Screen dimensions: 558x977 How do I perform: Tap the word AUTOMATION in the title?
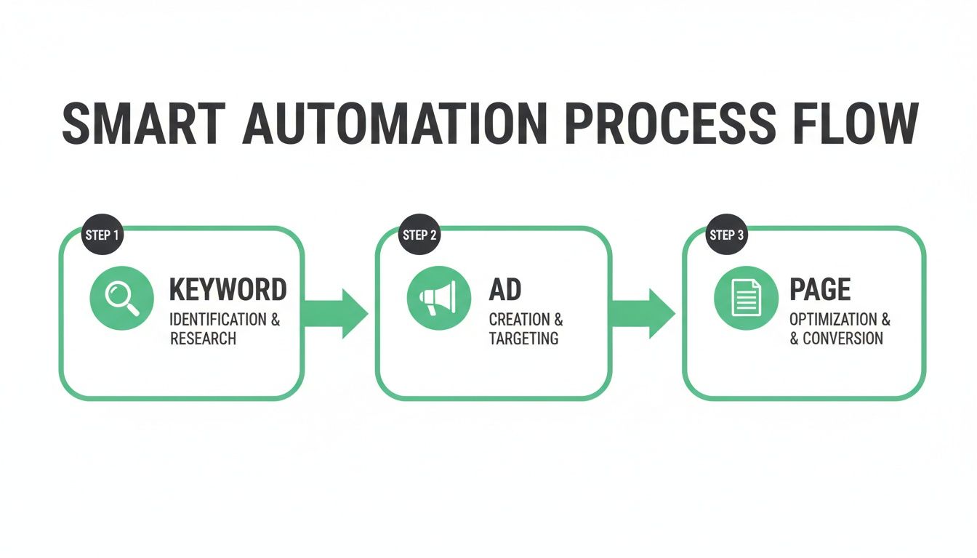[x=395, y=124]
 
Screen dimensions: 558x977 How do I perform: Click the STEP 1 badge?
[x=103, y=235]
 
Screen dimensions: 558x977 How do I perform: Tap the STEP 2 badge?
[x=420, y=235]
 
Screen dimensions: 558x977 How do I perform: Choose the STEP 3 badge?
[x=727, y=235]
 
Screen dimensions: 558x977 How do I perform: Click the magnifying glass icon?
[x=121, y=298]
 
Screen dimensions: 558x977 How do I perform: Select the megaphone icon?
[x=439, y=298]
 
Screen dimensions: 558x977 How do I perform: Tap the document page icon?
[x=746, y=298]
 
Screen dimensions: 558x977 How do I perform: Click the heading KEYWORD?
[x=228, y=289]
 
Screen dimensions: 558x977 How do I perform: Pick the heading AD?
[x=505, y=289]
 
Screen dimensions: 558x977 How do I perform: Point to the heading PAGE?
[x=820, y=289]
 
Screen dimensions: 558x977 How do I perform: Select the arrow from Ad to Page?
[x=643, y=313]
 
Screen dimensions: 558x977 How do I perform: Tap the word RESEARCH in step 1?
[x=203, y=339]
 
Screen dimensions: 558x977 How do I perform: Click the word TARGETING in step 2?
[x=523, y=339]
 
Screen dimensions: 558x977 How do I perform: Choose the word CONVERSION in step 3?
[x=843, y=339]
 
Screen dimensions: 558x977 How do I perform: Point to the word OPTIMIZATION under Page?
[x=833, y=320]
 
